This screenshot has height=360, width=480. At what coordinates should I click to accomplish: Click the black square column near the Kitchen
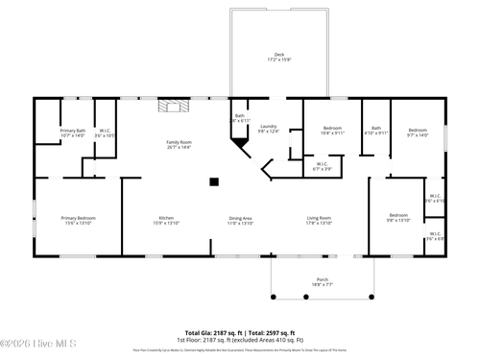(214, 180)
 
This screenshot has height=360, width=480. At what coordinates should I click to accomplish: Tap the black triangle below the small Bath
(237, 141)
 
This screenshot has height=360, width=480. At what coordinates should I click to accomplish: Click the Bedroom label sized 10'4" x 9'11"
(332, 129)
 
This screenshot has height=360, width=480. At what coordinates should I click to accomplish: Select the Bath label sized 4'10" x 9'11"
(376, 129)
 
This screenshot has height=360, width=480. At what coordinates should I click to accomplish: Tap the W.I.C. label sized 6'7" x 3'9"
(323, 164)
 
